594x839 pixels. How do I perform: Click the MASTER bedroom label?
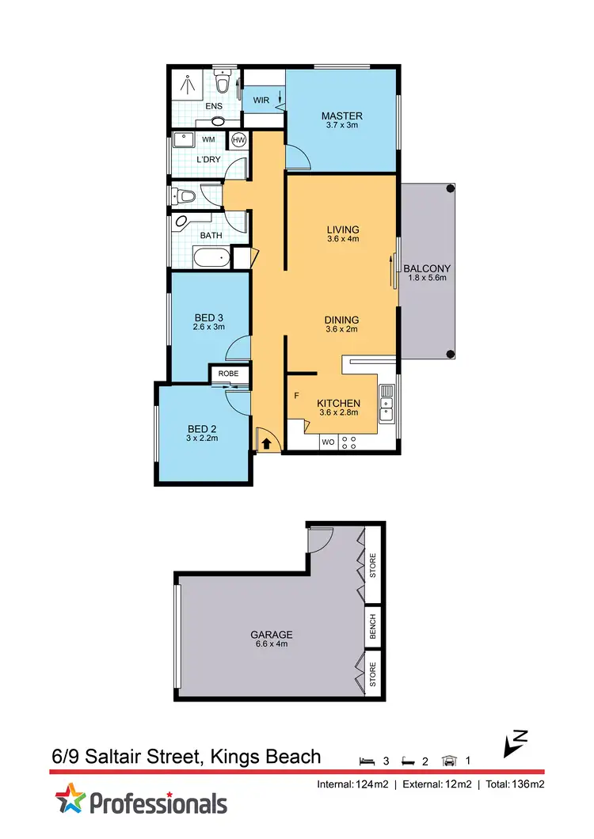pyautogui.click(x=341, y=116)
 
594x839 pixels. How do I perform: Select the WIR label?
pyautogui.click(x=261, y=101)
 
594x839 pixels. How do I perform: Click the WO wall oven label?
pyautogui.click(x=328, y=442)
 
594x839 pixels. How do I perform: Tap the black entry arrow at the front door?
pyautogui.click(x=266, y=443)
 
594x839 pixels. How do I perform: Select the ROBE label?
pyautogui.click(x=229, y=373)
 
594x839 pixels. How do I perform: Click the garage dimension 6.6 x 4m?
pyautogui.click(x=272, y=644)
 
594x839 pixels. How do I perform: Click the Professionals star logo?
pyautogui.click(x=70, y=799)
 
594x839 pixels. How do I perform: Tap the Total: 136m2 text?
pyautogui.click(x=515, y=784)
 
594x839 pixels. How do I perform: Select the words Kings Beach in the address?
pyautogui.click(x=265, y=757)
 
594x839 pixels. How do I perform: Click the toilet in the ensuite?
pyautogui.click(x=223, y=82)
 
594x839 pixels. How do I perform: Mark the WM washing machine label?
pyautogui.click(x=208, y=140)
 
